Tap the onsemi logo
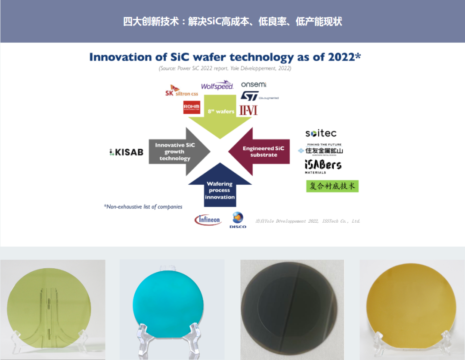point(254,84)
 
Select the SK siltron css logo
point(182,91)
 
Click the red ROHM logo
point(192,107)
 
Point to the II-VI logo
point(248,110)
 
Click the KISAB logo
point(126,152)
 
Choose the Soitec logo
point(321,133)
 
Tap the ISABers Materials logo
point(323,166)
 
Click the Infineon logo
point(208,220)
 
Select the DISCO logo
point(238,220)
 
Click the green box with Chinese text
point(332,186)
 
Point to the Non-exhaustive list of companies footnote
point(143,207)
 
